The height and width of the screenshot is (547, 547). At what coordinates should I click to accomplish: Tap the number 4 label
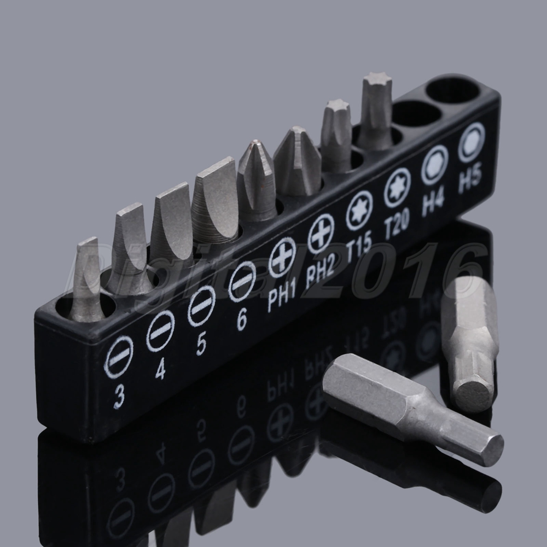[160, 368]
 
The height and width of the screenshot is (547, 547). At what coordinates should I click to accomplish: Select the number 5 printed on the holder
[201, 344]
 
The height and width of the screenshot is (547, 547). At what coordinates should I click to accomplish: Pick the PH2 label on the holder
[320, 271]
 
